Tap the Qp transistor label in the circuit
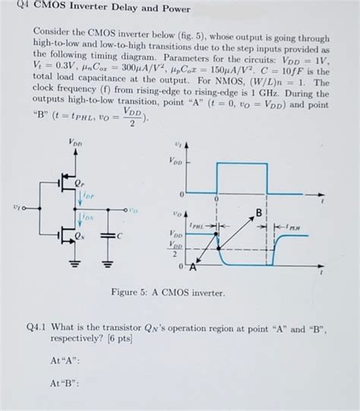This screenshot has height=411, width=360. tap(79, 184)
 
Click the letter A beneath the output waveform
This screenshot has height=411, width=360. tap(191, 266)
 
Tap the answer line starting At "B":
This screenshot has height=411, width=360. tap(67, 383)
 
